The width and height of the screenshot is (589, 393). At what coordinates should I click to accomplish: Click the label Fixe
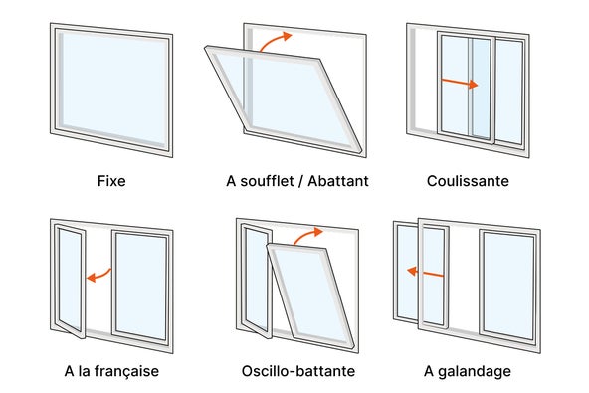coord(111,182)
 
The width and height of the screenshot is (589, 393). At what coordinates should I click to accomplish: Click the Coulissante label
coord(467,182)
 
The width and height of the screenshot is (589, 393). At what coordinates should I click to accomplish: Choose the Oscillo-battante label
coord(297,372)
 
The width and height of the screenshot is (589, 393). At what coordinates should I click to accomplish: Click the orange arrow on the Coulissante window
coord(460,84)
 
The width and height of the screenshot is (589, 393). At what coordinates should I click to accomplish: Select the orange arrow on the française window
coord(97,276)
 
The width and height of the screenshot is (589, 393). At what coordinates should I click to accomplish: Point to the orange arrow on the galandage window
coord(425,271)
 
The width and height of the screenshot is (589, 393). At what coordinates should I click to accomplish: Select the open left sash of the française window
coord(69,279)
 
